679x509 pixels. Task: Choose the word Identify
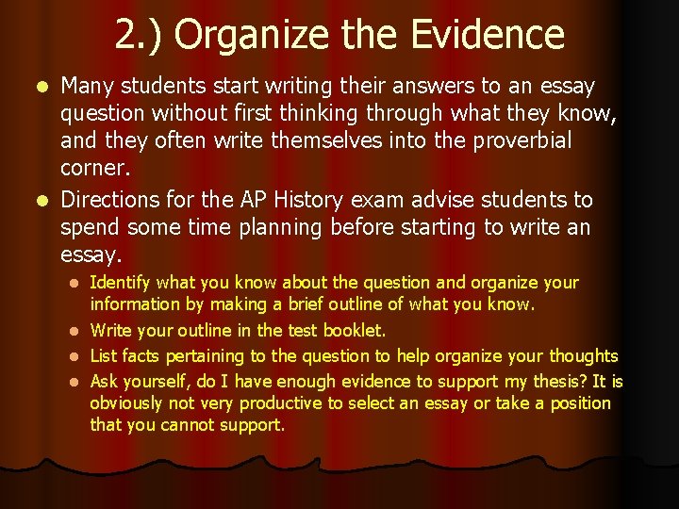[x=120, y=283]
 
